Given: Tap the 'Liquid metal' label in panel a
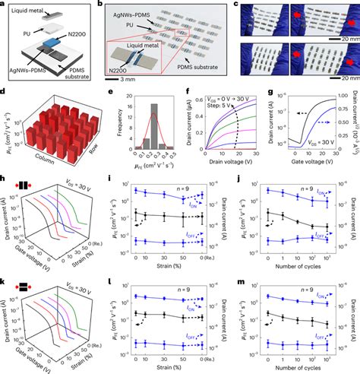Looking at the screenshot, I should coord(28,10).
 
